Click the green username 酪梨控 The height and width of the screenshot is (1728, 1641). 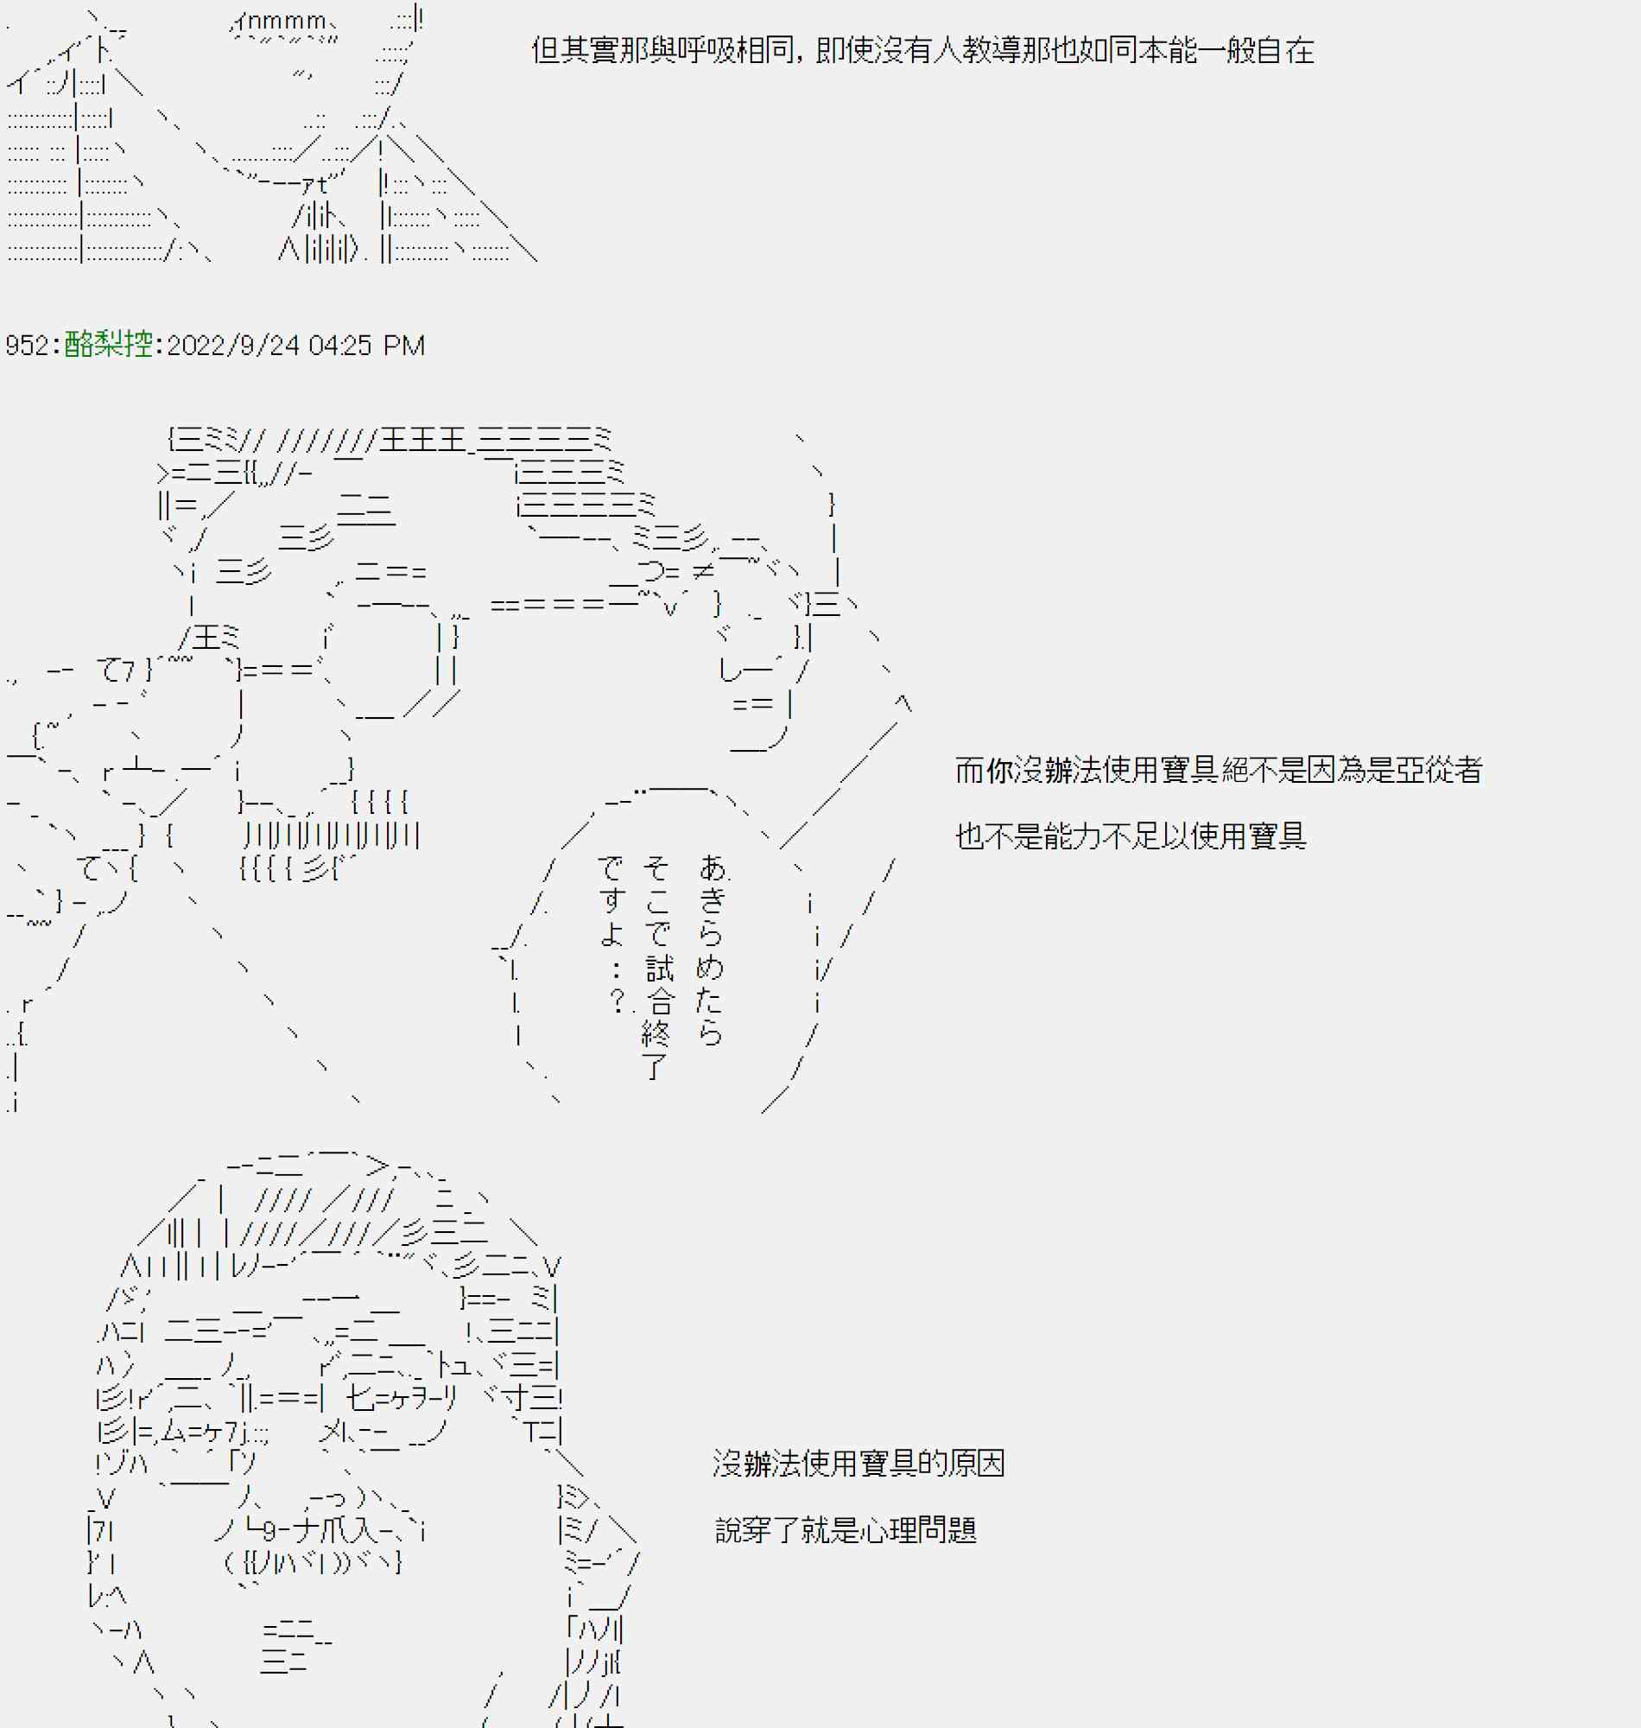pyautogui.click(x=109, y=345)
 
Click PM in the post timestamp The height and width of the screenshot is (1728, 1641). pyautogui.click(x=403, y=346)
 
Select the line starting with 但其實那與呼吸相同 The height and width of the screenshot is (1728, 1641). pyautogui.click(x=922, y=50)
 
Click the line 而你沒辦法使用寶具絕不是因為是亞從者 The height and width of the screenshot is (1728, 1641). pyautogui.click(x=1218, y=770)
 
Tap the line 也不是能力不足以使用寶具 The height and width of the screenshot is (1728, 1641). pyautogui.click(x=1131, y=836)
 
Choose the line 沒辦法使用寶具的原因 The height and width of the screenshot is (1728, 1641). pyautogui.click(x=859, y=1463)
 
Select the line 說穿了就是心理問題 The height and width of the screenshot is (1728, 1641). pyautogui.click(x=845, y=1530)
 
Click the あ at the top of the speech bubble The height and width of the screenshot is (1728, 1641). pyautogui.click(x=713, y=868)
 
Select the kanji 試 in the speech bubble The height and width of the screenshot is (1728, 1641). pyautogui.click(x=660, y=969)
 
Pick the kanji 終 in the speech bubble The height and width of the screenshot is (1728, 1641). pyautogui.click(x=656, y=1034)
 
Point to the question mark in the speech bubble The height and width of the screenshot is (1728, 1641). pyautogui.click(x=618, y=1000)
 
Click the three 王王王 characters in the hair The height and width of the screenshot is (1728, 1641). pyautogui.click(x=422, y=439)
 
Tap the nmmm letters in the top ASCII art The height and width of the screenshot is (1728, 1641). pyautogui.click(x=292, y=21)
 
